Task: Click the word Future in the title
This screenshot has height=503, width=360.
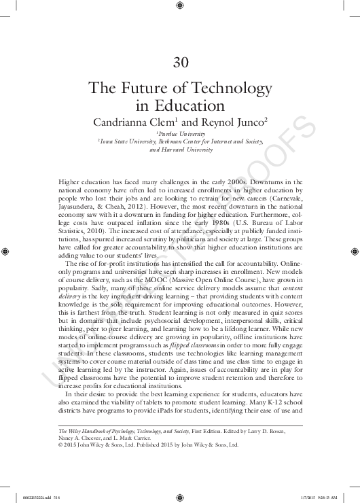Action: [x=147, y=89]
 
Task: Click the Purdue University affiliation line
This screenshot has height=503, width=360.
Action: [x=180, y=135]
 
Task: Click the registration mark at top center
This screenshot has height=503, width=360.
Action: [x=179, y=7]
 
